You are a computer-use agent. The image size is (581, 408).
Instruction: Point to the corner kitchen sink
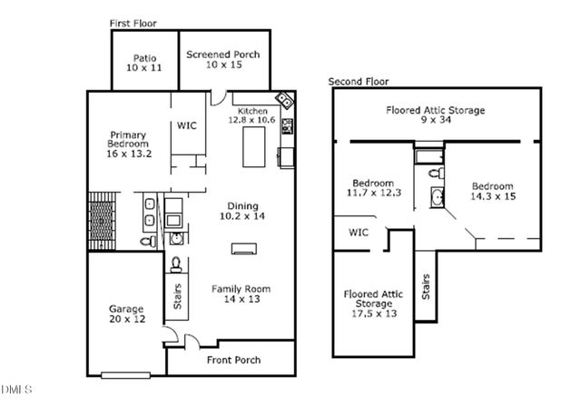tap(284, 99)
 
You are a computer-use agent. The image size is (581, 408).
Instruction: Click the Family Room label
tap(241, 294)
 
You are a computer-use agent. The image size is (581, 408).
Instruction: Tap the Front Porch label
tap(233, 360)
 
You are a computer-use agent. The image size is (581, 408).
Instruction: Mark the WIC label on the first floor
tap(188, 124)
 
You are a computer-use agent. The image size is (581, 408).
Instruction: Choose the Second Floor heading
tap(359, 82)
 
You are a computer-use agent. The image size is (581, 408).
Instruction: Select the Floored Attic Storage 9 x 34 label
tap(436, 115)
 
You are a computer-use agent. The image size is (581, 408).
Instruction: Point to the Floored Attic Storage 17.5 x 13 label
tap(373, 304)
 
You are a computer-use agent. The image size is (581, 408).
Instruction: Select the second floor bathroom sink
tap(437, 197)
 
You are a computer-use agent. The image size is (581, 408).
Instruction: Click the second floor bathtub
tap(426, 159)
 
